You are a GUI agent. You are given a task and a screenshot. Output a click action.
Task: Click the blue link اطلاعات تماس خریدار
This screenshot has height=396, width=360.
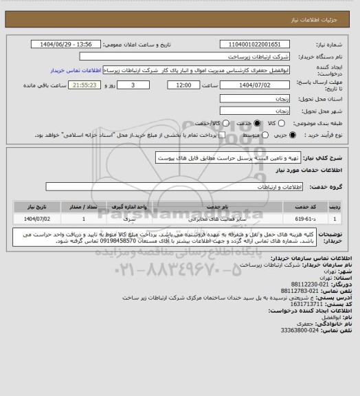click(x=76, y=70)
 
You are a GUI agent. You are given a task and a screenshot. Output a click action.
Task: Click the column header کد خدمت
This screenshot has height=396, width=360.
click(x=309, y=206)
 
